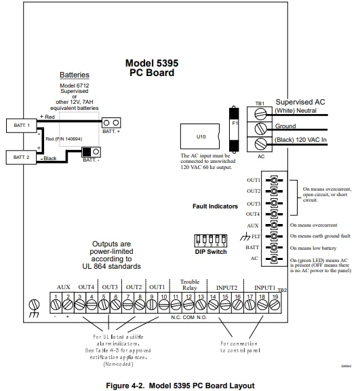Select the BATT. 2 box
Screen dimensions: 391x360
[21, 158]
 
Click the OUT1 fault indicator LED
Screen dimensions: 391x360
[275, 181]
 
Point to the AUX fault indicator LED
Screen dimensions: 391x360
[275, 225]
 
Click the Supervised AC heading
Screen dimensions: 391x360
[301, 102]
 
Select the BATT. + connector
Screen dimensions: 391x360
[111, 122]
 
